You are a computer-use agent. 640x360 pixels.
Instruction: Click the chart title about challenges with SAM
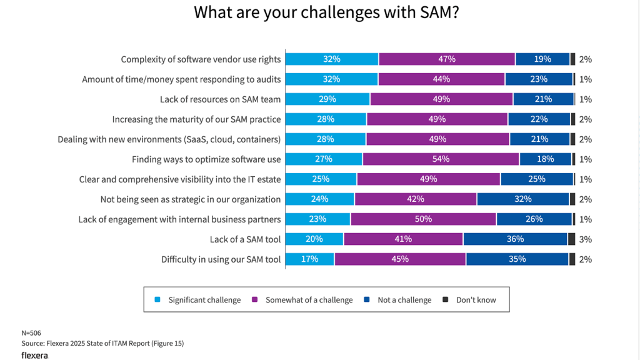326,13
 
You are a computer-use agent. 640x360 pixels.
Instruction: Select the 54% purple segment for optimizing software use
441,159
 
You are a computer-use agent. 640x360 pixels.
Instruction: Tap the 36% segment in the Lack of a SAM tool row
515,239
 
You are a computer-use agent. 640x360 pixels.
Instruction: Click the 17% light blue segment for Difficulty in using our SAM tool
310,259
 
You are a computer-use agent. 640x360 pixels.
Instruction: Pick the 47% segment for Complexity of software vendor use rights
447,59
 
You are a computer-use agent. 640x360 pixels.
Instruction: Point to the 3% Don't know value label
585,239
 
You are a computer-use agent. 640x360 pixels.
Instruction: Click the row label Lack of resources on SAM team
220,99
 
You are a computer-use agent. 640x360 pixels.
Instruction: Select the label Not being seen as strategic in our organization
191,199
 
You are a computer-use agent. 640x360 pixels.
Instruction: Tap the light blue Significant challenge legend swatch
157,300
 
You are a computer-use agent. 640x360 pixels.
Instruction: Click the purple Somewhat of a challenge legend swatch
254,300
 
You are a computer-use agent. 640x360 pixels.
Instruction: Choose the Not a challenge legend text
404,300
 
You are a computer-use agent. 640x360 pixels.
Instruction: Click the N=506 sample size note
31,332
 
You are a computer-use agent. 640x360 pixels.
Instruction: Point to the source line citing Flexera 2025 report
102,343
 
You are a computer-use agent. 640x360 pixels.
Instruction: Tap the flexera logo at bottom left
34,355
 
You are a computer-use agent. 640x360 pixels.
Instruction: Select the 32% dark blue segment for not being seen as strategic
523,199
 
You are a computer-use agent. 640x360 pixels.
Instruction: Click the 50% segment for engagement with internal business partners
424,219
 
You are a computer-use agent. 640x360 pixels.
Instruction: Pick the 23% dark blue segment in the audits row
539,79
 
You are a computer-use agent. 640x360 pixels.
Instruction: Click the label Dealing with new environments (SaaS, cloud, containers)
169,139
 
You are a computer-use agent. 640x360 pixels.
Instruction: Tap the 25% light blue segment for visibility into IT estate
321,179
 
